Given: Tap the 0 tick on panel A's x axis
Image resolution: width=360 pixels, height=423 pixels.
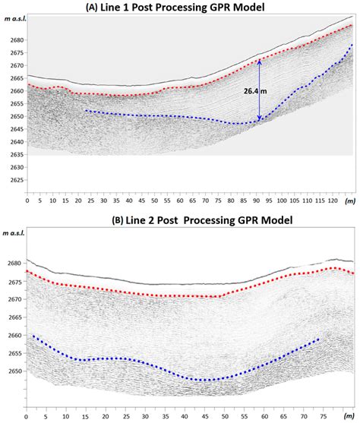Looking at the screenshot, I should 27,202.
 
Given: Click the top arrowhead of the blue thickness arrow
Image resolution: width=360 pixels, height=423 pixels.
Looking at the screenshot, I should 260,62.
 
